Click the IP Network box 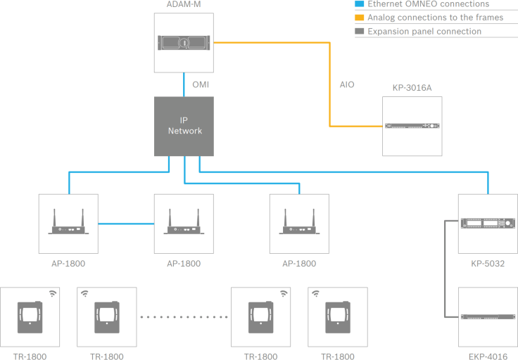coord(184,127)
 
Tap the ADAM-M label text coord(183,5)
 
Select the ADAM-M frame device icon coord(184,42)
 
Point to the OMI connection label coord(201,84)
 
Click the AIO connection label coord(347,84)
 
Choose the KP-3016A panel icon coord(412,127)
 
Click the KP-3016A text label coord(412,89)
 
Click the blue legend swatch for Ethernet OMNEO coord(361,4)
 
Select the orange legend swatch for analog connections coord(361,18)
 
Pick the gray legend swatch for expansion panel coord(361,32)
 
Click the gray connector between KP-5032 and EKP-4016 coord(446,271)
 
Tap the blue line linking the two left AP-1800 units coord(127,224)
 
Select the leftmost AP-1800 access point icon coord(68,224)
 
